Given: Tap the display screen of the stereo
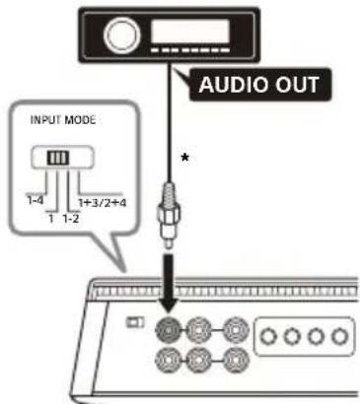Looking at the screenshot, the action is (x=190, y=32).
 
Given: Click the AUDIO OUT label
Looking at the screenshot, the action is (x=259, y=85).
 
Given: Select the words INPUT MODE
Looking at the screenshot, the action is (x=63, y=120).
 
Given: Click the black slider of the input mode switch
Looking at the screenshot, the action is (x=58, y=158).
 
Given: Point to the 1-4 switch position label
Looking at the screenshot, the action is (x=35, y=200).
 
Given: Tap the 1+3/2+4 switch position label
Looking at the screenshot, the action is (x=103, y=203).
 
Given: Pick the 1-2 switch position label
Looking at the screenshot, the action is (x=71, y=219).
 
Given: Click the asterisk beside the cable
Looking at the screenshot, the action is (x=185, y=158).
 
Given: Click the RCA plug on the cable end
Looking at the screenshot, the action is (x=169, y=215).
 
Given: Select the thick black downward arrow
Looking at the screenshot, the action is (x=169, y=283).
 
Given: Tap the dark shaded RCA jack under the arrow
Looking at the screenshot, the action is (x=168, y=330).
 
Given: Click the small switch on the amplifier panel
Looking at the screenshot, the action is (x=135, y=322).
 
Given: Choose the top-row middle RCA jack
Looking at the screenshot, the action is (x=198, y=330).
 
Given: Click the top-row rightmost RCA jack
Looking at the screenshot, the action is (x=237, y=330).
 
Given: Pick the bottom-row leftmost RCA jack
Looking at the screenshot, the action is (x=168, y=361).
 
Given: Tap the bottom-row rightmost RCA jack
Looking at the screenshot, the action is (x=237, y=361).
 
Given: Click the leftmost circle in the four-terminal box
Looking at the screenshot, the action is (x=269, y=336).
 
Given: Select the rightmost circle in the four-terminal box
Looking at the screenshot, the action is (x=340, y=336).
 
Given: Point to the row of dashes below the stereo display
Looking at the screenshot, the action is (x=190, y=50).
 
